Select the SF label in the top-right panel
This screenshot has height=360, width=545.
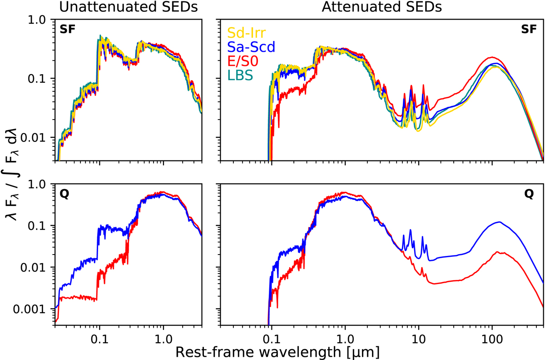[530, 29]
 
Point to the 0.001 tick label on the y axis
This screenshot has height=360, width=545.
[29, 309]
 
